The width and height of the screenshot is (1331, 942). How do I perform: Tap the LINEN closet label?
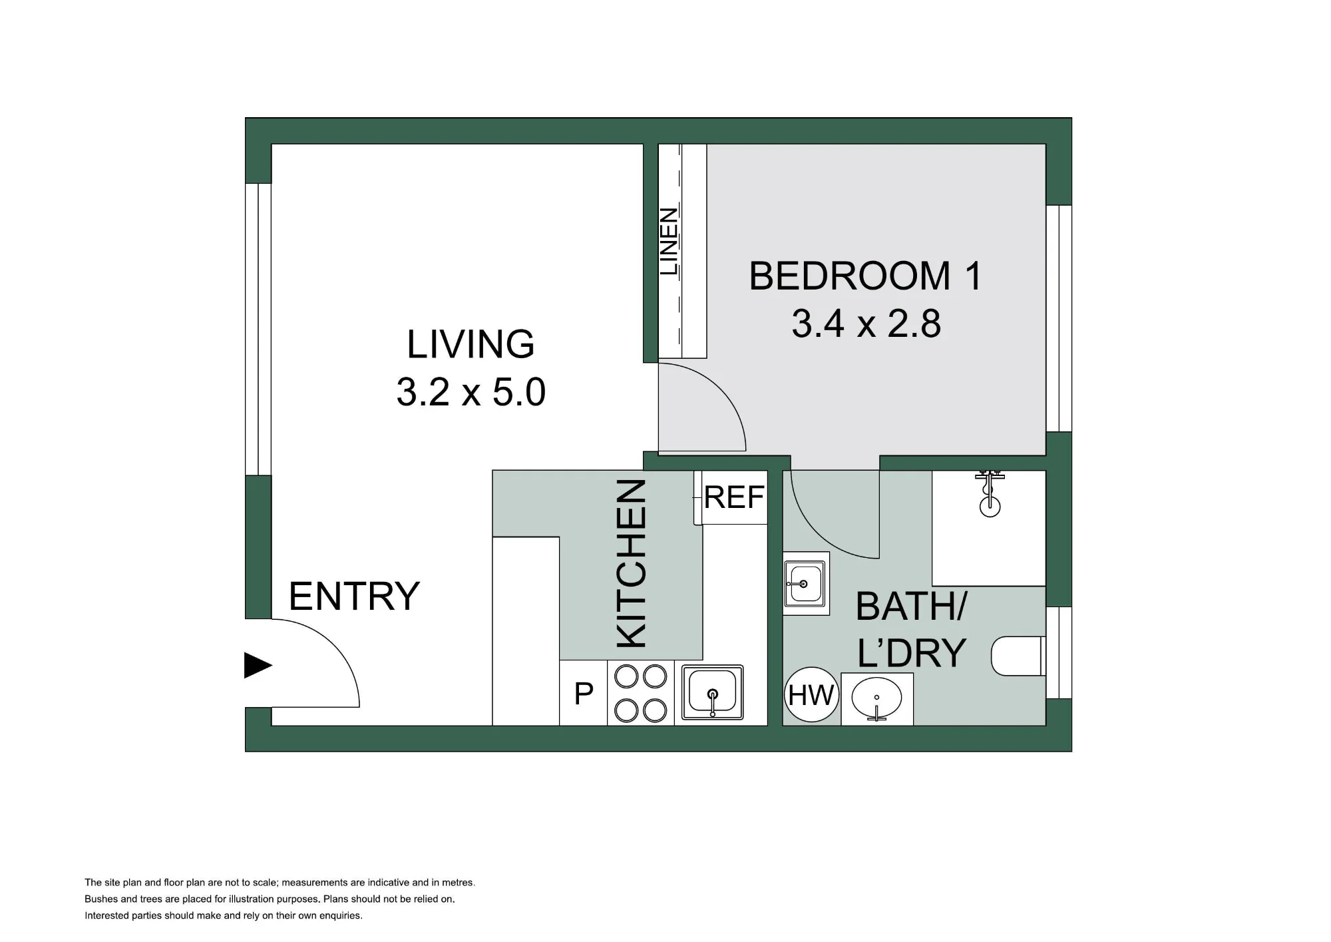point(669,242)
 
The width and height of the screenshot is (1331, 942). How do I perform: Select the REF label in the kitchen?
point(734,497)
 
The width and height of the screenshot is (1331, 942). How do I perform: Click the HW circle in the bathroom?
point(811,696)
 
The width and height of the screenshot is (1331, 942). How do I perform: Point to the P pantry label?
point(584,694)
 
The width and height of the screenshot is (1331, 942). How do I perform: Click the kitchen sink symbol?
point(712,693)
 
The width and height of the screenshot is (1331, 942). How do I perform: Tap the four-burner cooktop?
point(640,693)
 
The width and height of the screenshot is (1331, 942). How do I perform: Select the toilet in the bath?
point(1017,656)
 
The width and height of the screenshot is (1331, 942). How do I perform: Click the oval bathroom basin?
point(876,699)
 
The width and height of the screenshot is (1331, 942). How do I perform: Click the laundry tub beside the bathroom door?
point(805,583)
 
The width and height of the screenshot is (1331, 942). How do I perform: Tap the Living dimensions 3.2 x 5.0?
point(471,391)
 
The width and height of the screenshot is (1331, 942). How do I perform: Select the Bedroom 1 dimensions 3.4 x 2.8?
point(866,324)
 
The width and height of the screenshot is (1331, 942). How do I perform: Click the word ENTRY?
point(354,596)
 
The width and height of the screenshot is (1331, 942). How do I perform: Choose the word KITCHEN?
point(632,563)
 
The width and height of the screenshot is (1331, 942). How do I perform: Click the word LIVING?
point(471,344)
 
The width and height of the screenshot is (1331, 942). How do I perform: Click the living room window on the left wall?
point(258,330)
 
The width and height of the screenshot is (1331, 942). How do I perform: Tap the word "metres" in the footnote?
point(457,883)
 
